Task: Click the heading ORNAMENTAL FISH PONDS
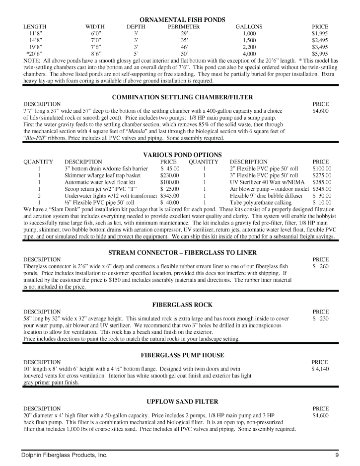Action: click(x=182, y=19)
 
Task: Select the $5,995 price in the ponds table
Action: click(x=320, y=54)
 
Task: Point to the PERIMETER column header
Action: click(x=184, y=26)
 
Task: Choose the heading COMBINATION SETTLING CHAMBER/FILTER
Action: click(x=182, y=97)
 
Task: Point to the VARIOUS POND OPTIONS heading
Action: click(x=182, y=155)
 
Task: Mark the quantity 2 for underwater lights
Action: click(x=39, y=196)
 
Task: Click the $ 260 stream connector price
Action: click(x=321, y=266)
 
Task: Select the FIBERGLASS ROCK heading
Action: click(x=182, y=304)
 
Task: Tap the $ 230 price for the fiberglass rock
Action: click(x=321, y=318)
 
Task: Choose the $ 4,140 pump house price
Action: click(x=320, y=369)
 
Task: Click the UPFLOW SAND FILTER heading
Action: click(x=182, y=400)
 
